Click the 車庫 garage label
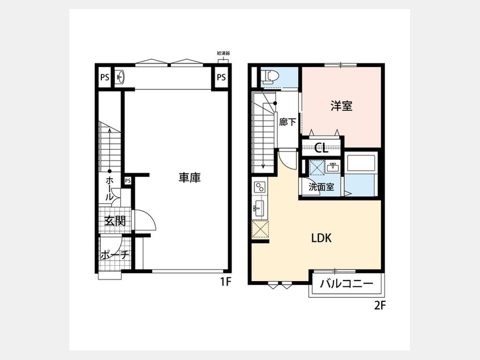[189, 178]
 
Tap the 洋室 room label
[341, 106]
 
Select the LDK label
[322, 238]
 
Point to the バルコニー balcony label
[347, 284]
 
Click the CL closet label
[322, 148]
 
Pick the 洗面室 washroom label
[321, 187]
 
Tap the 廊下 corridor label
[287, 122]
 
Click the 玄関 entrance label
[115, 221]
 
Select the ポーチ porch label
[115, 255]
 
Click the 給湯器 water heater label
[223, 53]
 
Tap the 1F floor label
[226, 282]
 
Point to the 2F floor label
[380, 306]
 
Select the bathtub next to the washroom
[361, 164]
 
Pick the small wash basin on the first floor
[121, 77]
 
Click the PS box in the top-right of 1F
[221, 77]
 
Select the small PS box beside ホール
[127, 181]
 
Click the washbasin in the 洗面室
[332, 167]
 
